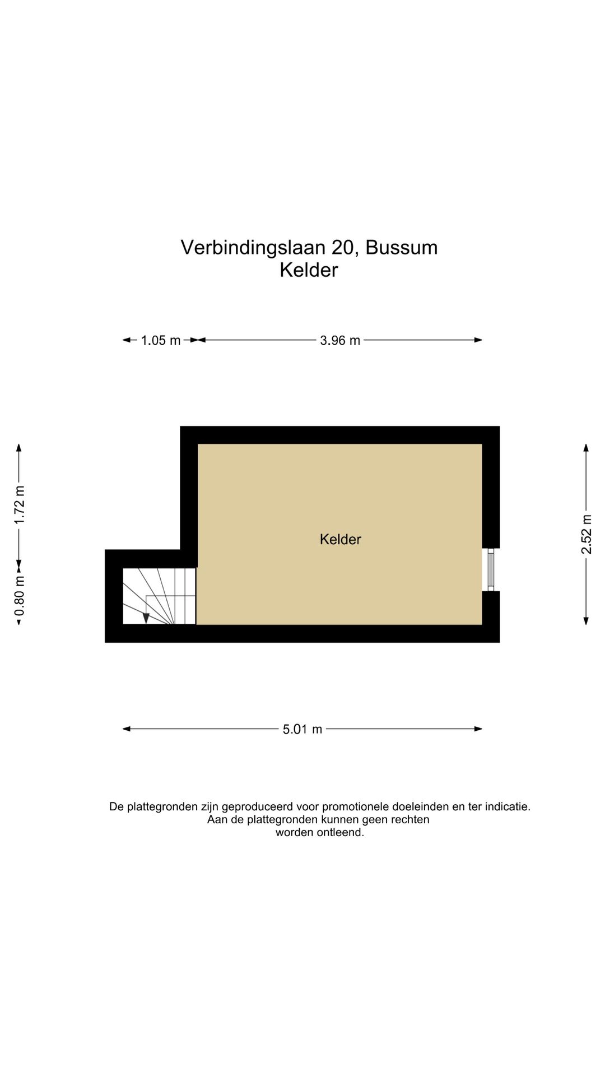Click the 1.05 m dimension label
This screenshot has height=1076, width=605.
pyautogui.click(x=160, y=340)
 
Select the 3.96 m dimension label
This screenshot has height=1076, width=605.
pyautogui.click(x=339, y=340)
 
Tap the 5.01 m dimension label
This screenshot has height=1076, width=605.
pyautogui.click(x=302, y=729)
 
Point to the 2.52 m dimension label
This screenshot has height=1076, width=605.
pyautogui.click(x=586, y=534)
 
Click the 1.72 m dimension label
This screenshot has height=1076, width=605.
pyautogui.click(x=20, y=504)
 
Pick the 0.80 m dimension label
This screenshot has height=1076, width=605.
pyautogui.click(x=20, y=595)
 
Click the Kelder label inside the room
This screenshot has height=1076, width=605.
pyautogui.click(x=340, y=539)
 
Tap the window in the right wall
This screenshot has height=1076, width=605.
pyautogui.click(x=491, y=569)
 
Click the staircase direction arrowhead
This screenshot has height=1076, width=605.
pyautogui.click(x=146, y=618)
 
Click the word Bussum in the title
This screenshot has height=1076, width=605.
pyautogui.click(x=401, y=247)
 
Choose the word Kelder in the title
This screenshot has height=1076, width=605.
pyautogui.click(x=309, y=270)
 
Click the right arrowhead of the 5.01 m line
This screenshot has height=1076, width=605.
pyautogui.click(x=478, y=729)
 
